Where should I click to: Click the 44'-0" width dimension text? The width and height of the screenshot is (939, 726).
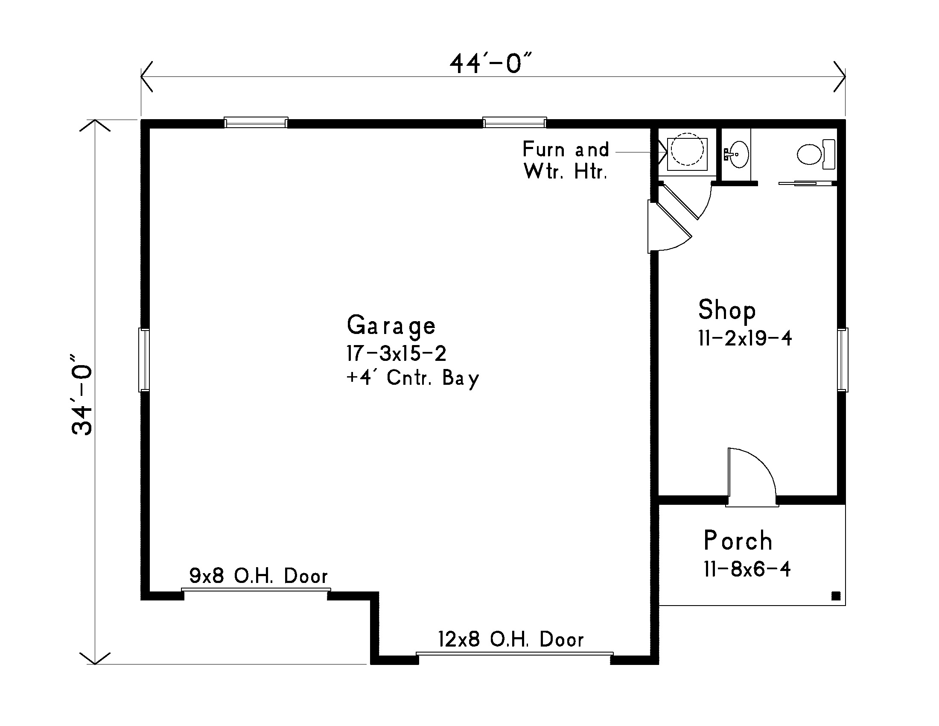click(491, 64)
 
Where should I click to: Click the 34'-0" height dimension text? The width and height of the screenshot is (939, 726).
click(82, 395)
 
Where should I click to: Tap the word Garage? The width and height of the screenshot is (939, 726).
click(391, 325)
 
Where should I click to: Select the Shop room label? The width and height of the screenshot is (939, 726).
click(726, 310)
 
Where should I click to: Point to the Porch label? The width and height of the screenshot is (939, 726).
click(738, 541)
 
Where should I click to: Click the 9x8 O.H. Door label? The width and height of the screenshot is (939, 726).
click(258, 576)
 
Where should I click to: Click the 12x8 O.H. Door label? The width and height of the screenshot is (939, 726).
click(511, 640)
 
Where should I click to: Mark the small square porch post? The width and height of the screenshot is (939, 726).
click(835, 596)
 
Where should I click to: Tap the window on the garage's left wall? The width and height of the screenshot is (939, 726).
click(144, 360)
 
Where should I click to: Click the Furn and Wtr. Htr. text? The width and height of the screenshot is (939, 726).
click(566, 161)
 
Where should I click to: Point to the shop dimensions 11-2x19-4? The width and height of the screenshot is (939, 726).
click(745, 339)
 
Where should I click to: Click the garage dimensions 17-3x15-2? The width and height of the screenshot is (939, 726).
click(397, 353)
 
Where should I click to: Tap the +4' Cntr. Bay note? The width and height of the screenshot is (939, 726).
click(413, 378)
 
